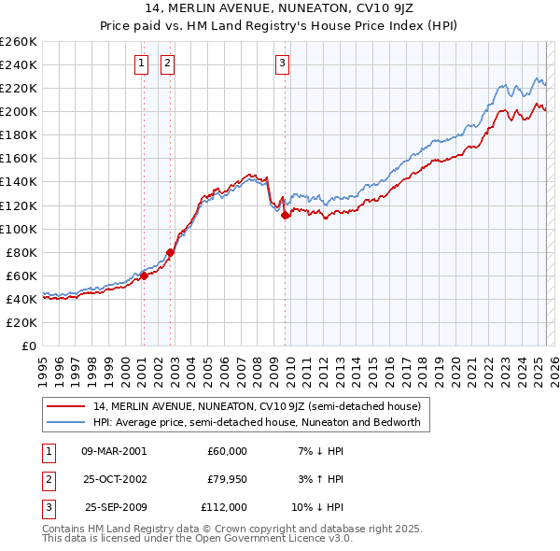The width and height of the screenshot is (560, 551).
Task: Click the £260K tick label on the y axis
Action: click(x=19, y=42)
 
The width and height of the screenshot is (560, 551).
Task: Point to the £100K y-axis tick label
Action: click(x=19, y=229)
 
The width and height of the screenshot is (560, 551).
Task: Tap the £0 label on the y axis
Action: click(x=29, y=346)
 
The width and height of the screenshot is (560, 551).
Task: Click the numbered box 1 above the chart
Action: click(x=141, y=64)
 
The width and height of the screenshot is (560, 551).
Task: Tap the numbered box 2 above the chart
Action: click(x=167, y=64)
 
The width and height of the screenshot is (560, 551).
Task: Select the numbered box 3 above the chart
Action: click(x=282, y=64)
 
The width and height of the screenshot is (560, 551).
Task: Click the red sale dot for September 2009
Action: click(x=285, y=215)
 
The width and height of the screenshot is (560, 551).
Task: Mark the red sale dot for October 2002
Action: click(x=171, y=252)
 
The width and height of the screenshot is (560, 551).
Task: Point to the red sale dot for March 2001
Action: click(x=144, y=275)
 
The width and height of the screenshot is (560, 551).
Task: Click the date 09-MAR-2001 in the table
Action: click(x=114, y=450)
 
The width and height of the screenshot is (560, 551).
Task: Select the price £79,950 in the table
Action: click(x=227, y=479)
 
